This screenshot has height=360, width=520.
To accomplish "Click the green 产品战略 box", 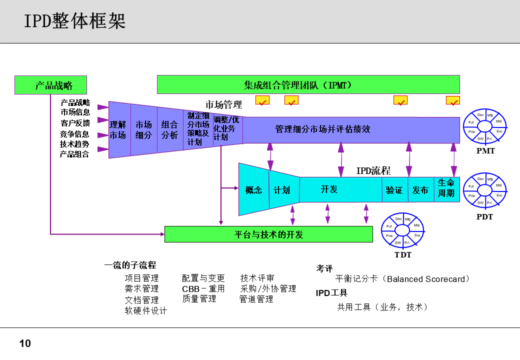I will (x=50, y=85).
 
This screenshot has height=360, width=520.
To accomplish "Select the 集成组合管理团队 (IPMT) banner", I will (x=308, y=84).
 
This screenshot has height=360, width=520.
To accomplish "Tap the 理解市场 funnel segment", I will (x=118, y=130).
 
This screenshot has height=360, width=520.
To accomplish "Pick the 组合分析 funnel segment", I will (x=169, y=130).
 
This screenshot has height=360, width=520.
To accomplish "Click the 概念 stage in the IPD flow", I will (x=253, y=190).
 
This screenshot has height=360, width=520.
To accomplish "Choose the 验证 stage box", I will (x=394, y=190).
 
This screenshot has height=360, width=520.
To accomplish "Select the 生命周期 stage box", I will (x=446, y=188).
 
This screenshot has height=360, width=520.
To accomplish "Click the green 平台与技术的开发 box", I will (x=268, y=234).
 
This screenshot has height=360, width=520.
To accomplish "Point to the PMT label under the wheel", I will (x=485, y=150).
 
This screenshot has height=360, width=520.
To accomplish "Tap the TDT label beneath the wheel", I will (x=403, y=255).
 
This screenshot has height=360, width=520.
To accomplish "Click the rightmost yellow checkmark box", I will (x=453, y=101).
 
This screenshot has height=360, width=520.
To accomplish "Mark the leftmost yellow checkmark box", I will (x=262, y=101).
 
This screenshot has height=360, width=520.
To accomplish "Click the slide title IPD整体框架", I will (x=75, y=21).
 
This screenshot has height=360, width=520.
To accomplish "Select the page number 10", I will (x=25, y=343).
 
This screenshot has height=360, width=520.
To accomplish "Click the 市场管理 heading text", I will (x=223, y=104).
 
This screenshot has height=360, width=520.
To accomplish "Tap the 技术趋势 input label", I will (x=75, y=144).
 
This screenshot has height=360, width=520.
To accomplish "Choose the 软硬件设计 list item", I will (x=146, y=311).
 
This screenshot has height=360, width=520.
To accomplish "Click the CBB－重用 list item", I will (x=203, y=288).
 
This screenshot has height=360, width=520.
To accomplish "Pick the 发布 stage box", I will (x=420, y=190).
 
